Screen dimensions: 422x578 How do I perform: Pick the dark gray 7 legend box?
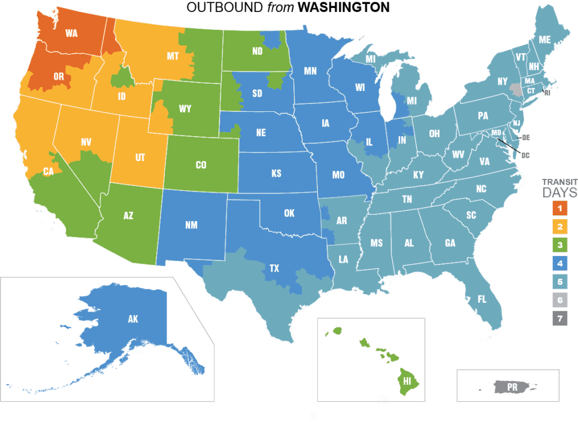(559, 319)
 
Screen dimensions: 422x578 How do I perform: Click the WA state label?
(71, 33)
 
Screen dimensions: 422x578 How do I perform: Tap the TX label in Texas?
(274, 268)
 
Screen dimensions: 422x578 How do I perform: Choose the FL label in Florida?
(482, 299)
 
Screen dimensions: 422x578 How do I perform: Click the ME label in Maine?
(545, 40)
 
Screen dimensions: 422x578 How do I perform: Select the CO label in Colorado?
(201, 165)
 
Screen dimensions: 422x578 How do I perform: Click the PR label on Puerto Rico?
(512, 388)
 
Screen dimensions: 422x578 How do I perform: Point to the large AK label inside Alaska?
(133, 319)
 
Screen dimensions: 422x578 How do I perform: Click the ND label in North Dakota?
(257, 51)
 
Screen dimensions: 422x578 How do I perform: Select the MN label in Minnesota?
(310, 71)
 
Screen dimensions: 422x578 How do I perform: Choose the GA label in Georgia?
(450, 243)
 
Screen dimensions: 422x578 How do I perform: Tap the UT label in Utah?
(140, 159)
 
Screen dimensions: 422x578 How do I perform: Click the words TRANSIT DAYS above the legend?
(559, 188)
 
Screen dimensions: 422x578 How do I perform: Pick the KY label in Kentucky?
(418, 175)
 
